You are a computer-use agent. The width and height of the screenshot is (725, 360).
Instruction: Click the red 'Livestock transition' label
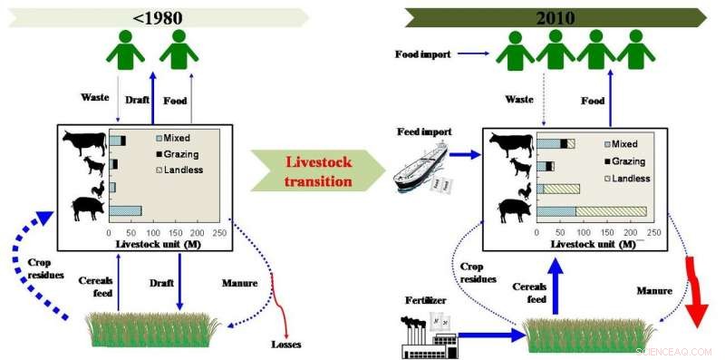point(318,171)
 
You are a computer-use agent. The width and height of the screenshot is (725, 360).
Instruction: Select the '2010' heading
point(555,16)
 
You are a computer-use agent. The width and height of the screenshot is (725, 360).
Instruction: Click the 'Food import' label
point(422,54)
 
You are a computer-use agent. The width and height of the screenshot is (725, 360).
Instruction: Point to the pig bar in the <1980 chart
point(125,211)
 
